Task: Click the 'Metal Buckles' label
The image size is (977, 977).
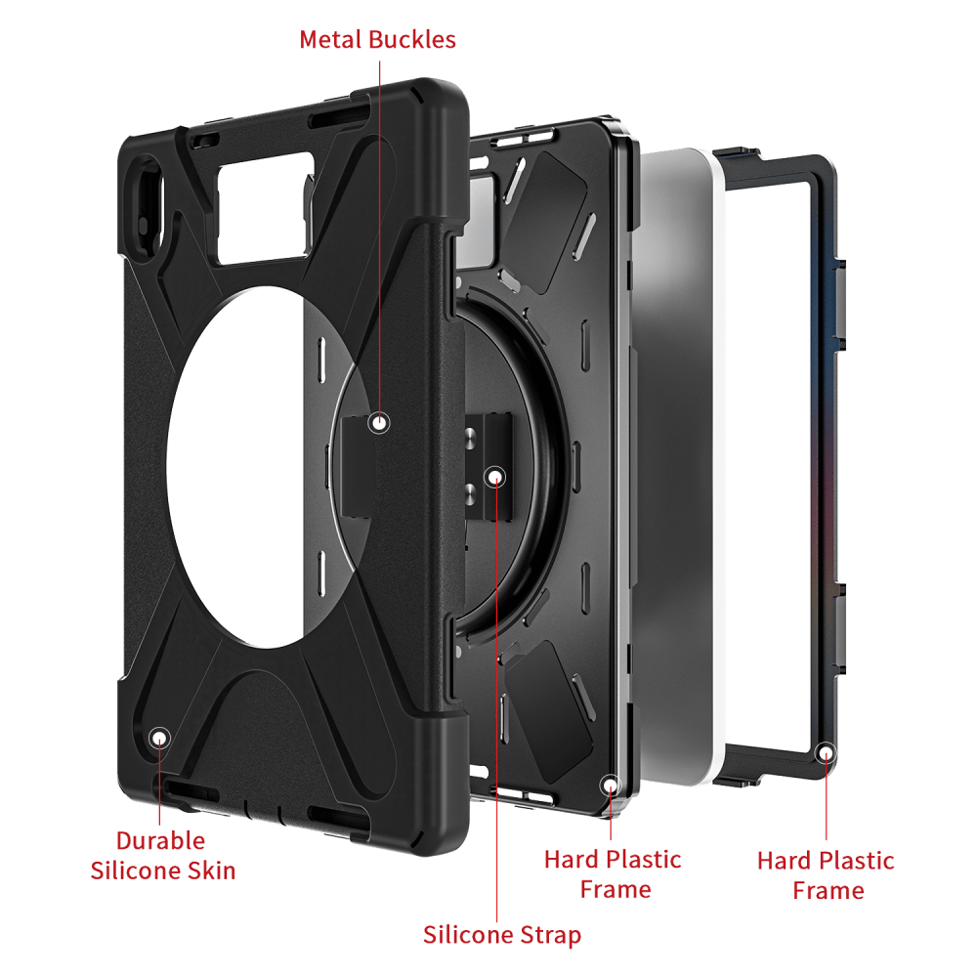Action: coord(377,40)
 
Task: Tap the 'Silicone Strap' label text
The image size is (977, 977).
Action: coord(502,935)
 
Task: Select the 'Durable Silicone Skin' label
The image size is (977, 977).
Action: coord(162,856)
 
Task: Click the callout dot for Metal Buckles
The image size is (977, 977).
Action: coord(379,423)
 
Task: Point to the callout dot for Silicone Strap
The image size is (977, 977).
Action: coord(495,478)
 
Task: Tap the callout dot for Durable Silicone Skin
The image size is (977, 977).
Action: coord(160,739)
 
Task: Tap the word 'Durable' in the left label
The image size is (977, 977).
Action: coord(161,840)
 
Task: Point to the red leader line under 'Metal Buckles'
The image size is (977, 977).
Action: coord(379,236)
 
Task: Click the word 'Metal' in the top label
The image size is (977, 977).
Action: coord(330,40)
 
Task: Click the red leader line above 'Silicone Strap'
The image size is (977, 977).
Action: coord(496,704)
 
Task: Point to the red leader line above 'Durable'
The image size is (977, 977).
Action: coord(160,786)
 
